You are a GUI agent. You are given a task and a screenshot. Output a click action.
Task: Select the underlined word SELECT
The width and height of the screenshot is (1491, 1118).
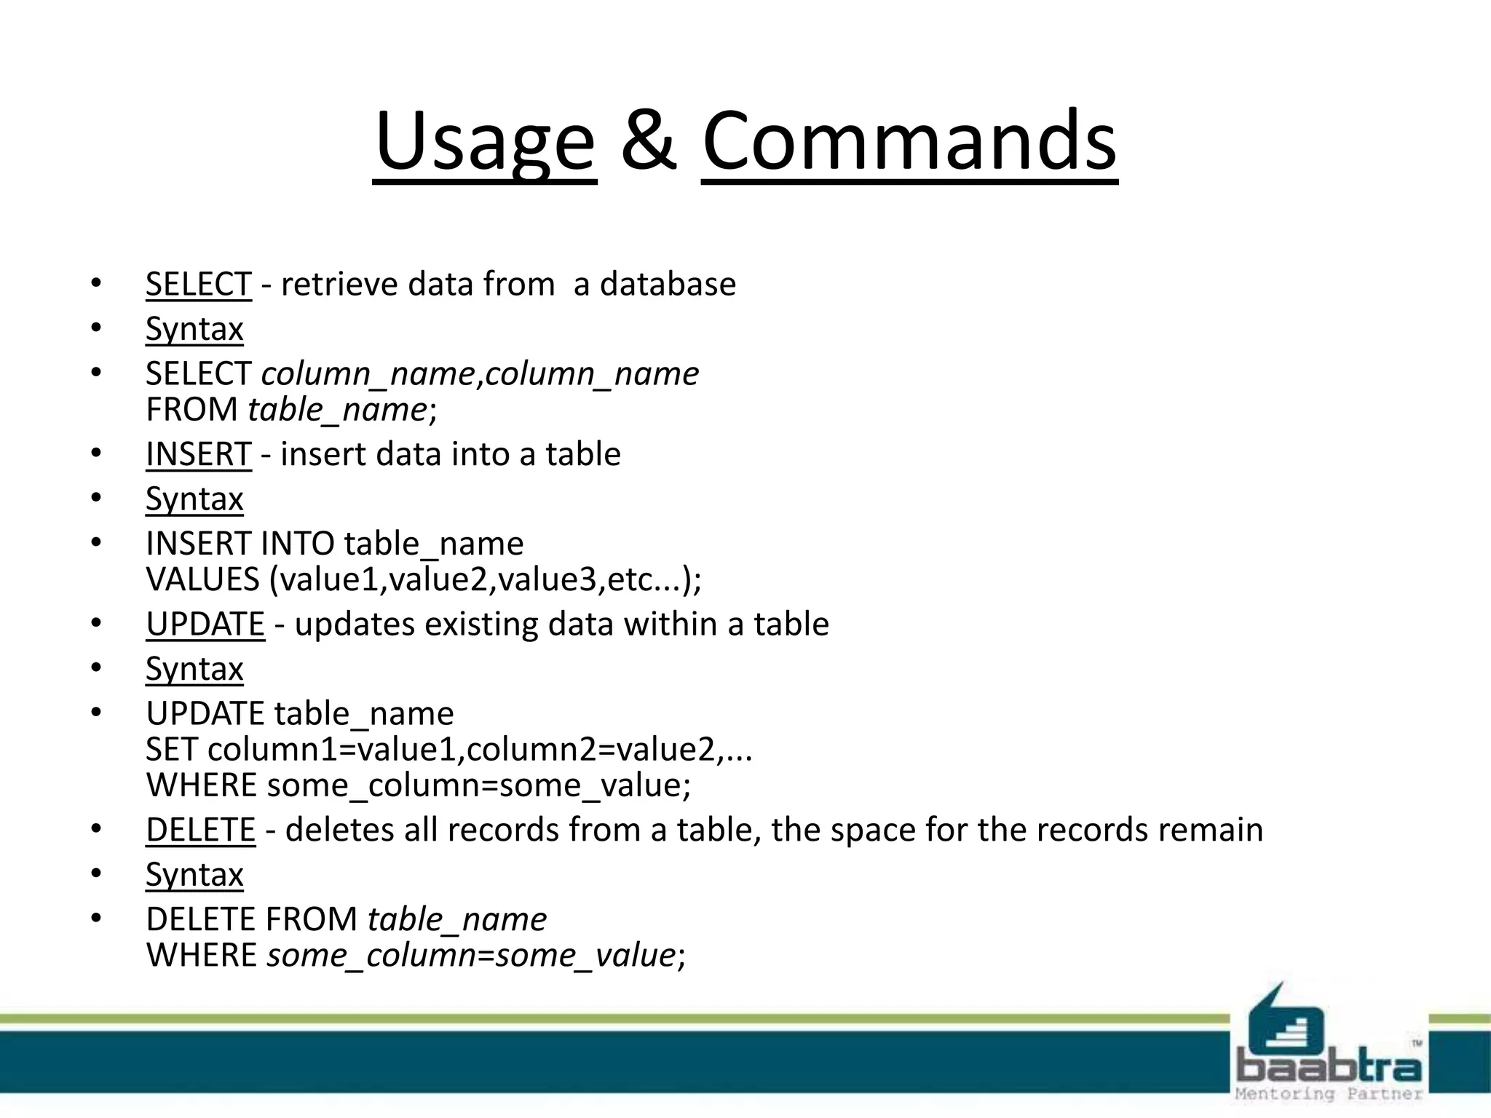pos(198,284)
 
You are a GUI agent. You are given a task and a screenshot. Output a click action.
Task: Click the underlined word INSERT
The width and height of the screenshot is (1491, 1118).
pos(198,454)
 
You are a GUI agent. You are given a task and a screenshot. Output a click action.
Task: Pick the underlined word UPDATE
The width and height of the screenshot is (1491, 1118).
pos(205,625)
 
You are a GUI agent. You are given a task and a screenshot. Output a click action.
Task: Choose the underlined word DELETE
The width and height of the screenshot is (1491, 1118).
pos(200,830)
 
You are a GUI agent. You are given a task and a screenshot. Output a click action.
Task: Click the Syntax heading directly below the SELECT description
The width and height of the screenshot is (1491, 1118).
pos(194,329)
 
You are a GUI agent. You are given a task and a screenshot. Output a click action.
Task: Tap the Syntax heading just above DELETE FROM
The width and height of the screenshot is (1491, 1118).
pos(194,875)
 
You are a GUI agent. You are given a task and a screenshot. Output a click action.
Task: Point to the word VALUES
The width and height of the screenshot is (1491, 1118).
pos(202,579)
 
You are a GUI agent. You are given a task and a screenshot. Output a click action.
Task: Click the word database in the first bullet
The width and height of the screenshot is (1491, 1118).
pos(668,284)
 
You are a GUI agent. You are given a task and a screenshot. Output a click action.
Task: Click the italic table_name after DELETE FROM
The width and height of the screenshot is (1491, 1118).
pos(457,919)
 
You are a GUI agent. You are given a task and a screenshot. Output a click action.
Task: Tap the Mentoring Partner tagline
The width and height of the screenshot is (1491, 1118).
pos(1329,1094)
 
